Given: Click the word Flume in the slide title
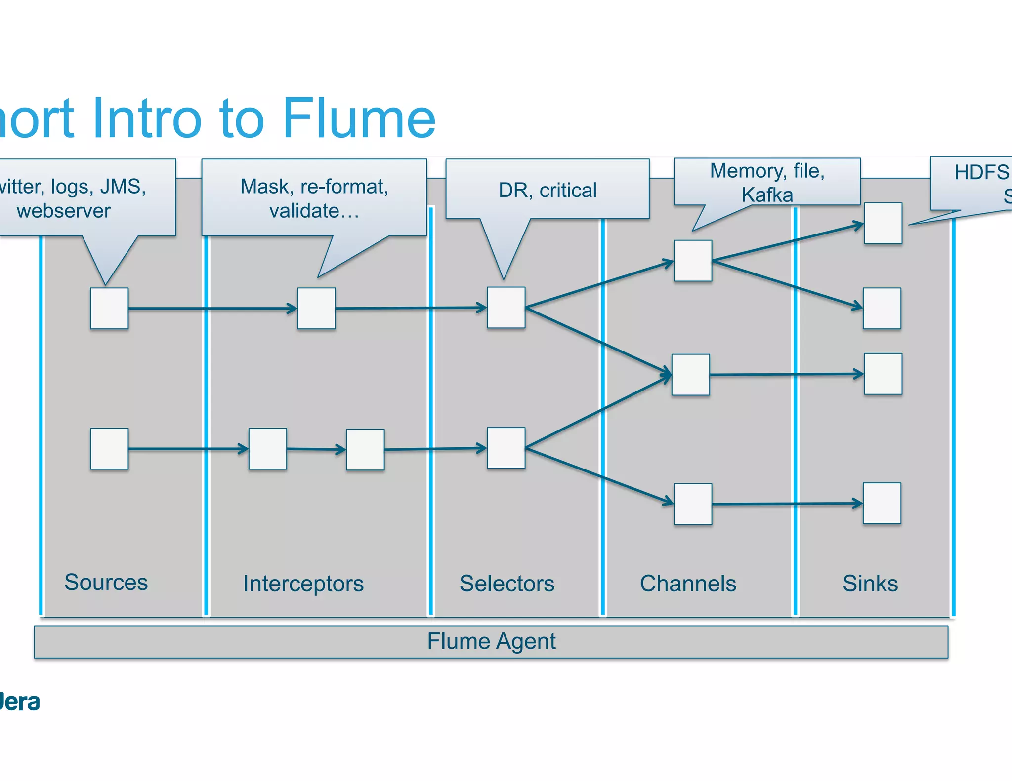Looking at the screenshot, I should [x=359, y=118].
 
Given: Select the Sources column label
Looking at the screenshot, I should [x=106, y=582].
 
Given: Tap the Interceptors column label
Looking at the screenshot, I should [x=303, y=584].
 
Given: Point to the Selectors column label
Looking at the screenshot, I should [x=506, y=584].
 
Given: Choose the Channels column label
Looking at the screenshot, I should [x=687, y=584].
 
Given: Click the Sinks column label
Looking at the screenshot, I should [x=870, y=584].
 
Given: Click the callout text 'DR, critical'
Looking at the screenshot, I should [x=547, y=190].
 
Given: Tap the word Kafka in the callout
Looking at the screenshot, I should [x=766, y=195].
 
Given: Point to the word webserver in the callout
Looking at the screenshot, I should [x=63, y=211].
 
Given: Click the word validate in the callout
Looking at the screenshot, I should [x=304, y=211].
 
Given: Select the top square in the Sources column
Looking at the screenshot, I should [x=109, y=309].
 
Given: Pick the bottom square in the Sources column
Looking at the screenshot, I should [x=109, y=449].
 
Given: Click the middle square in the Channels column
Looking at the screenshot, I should [x=690, y=375].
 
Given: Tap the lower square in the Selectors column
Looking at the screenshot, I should [x=506, y=448].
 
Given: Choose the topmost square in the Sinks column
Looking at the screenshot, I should [x=883, y=223].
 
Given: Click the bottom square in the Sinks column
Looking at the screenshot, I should [x=882, y=503].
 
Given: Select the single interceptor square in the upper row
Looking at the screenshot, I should [x=316, y=309].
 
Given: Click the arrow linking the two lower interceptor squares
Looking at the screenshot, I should [x=316, y=449].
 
